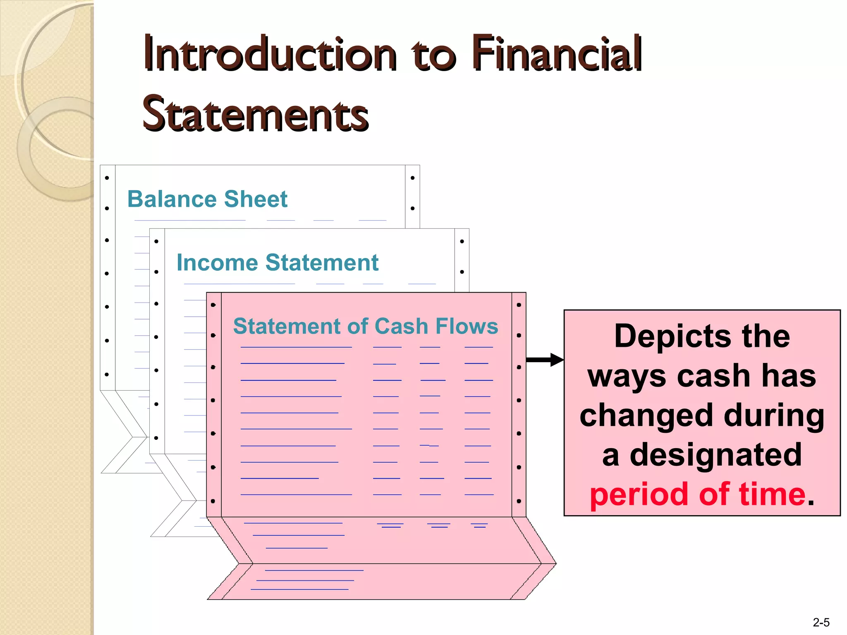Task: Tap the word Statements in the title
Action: (255, 114)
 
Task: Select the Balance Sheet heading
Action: (207, 199)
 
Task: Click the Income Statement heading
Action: (277, 263)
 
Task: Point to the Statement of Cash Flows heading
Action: (366, 326)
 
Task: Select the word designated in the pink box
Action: (715, 455)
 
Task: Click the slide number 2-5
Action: (821, 622)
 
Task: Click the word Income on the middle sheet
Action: (218, 263)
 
